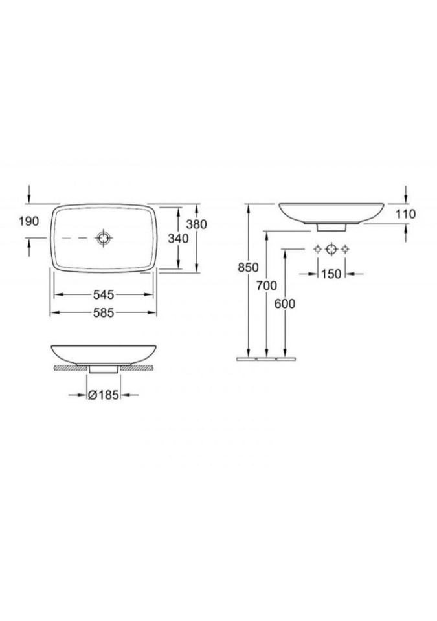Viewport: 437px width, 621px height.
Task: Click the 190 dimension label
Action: [29, 221]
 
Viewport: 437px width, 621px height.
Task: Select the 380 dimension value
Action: [197, 224]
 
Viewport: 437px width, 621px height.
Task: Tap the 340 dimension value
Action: [178, 239]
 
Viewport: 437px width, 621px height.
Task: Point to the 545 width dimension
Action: [104, 294]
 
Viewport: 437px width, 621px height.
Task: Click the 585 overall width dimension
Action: [104, 313]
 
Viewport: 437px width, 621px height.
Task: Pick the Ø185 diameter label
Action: [103, 395]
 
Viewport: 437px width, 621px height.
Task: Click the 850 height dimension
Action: [248, 267]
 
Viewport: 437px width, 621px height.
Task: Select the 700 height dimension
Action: [267, 285]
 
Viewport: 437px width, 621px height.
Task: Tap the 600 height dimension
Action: [285, 303]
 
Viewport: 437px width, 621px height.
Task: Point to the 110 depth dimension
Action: [406, 214]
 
